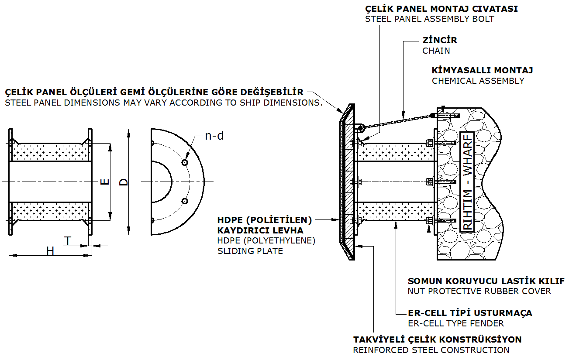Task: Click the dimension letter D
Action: click(x=124, y=182)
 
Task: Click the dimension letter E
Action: click(x=105, y=182)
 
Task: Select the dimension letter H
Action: click(x=51, y=251)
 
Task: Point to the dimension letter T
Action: click(x=68, y=240)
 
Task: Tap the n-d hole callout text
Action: click(x=214, y=136)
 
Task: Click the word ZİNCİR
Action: click(x=440, y=40)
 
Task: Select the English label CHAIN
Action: click(x=436, y=51)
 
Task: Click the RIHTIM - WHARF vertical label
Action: click(x=467, y=181)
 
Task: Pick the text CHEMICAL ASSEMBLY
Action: click(x=478, y=81)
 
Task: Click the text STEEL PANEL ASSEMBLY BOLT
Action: click(x=430, y=19)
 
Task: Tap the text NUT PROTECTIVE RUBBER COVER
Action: click(x=479, y=291)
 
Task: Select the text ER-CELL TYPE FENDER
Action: click(x=455, y=323)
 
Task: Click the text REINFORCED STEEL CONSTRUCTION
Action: click(x=431, y=350)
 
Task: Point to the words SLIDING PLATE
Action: click(x=250, y=251)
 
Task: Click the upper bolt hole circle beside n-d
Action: click(x=185, y=162)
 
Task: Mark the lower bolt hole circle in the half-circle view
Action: click(x=185, y=201)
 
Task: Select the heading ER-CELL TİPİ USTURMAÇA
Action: click(x=470, y=313)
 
